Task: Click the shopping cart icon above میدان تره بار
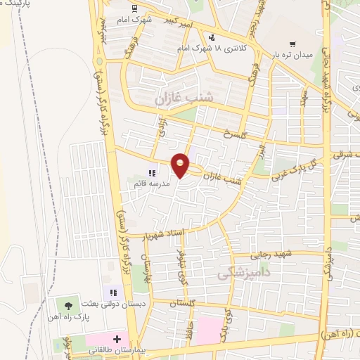pyautogui.click(x=302, y=44)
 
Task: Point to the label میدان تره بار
pyautogui.click(x=292, y=55)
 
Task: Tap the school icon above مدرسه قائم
pyautogui.click(x=151, y=172)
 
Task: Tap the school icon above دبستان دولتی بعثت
pyautogui.click(x=111, y=292)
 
